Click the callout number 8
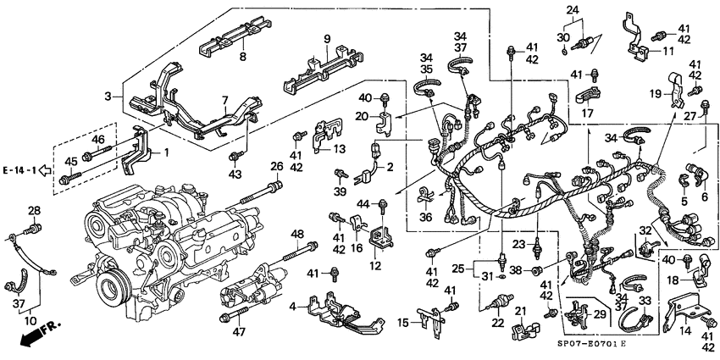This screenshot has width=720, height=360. point(242,57)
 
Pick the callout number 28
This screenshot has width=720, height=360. point(34,210)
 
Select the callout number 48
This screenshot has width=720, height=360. point(296,234)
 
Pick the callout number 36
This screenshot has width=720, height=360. point(424,217)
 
